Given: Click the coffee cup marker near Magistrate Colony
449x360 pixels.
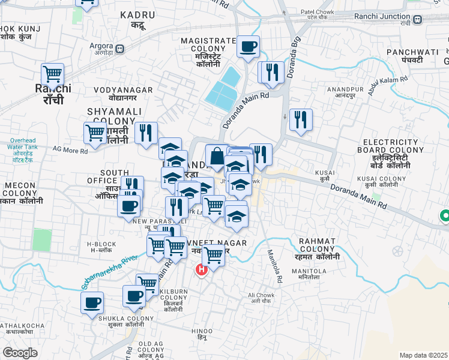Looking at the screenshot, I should click(x=248, y=46).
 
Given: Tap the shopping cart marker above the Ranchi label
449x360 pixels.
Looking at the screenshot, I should click(x=53, y=75).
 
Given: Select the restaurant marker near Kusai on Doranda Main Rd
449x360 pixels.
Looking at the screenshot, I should click(x=301, y=119).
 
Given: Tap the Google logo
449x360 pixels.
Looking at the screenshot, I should click(x=20, y=353).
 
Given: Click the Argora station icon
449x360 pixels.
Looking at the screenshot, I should click(x=121, y=49).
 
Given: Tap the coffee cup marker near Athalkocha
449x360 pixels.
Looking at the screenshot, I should click(x=92, y=302).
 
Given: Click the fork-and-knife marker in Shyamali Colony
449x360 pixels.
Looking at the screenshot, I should click(x=146, y=134).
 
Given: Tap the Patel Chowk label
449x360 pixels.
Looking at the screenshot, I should click(x=317, y=14).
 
